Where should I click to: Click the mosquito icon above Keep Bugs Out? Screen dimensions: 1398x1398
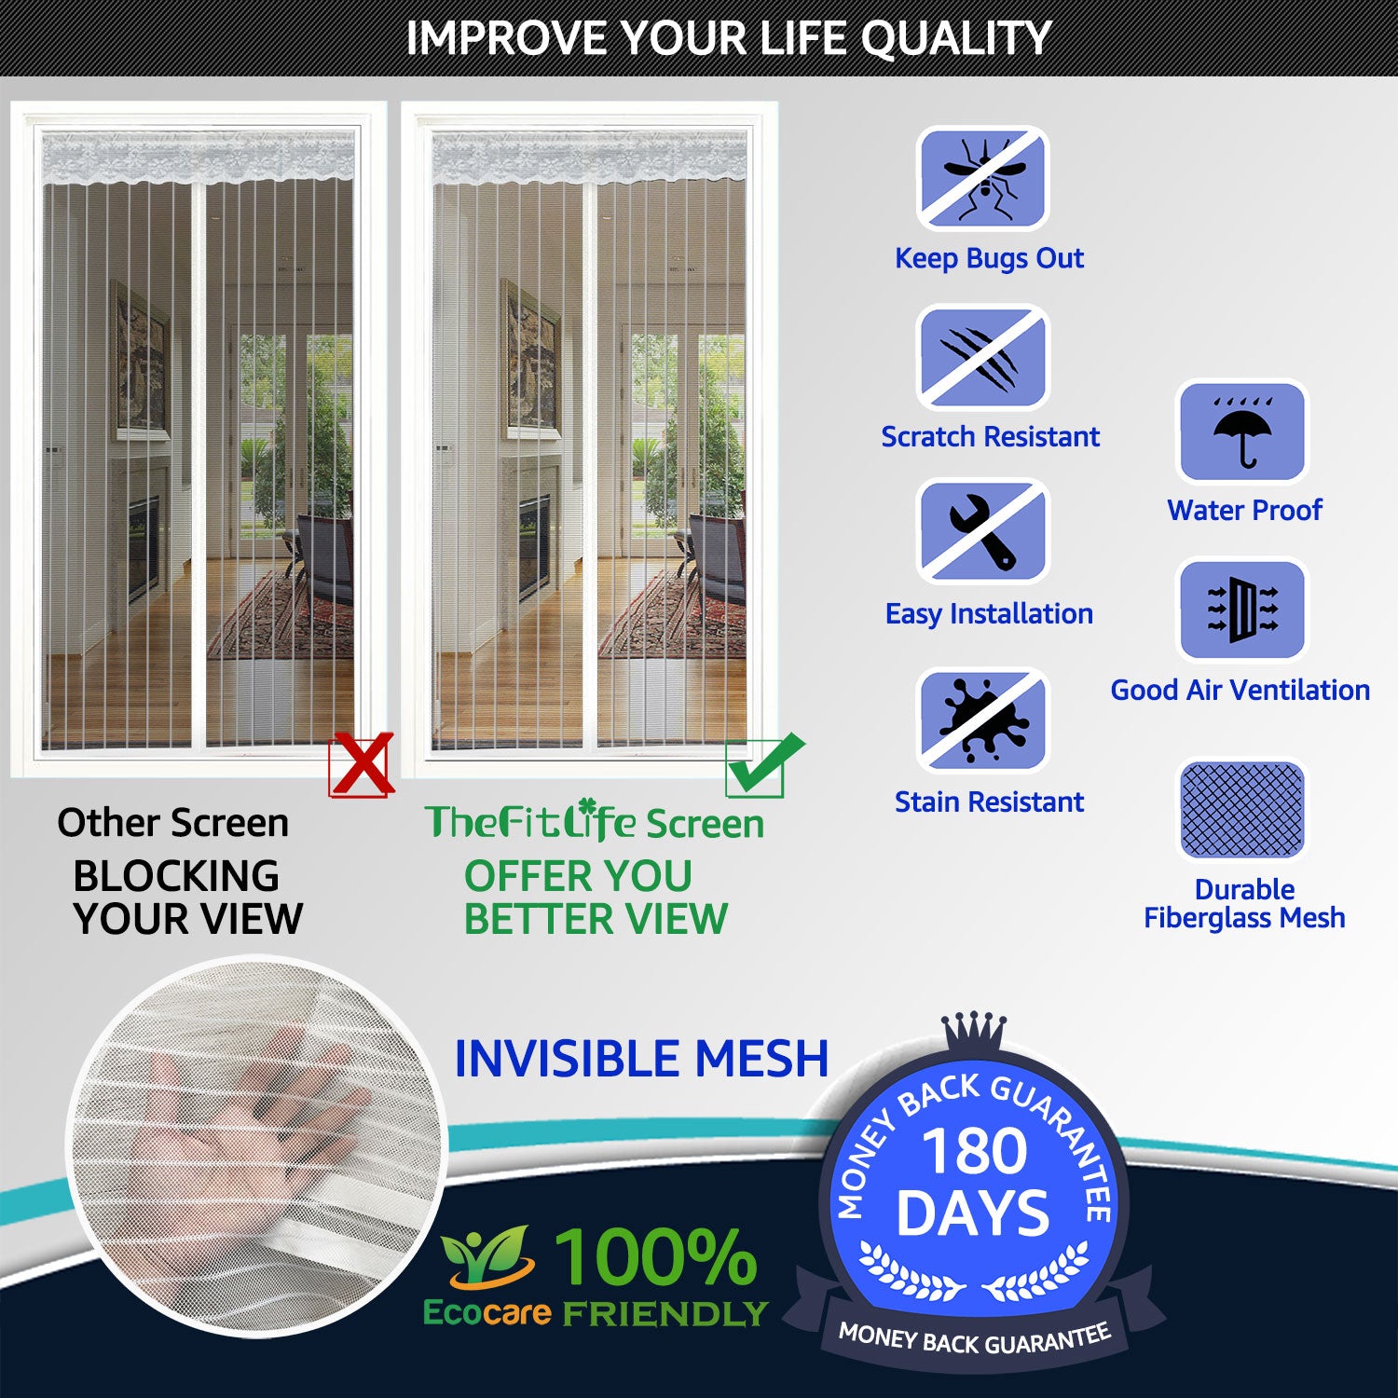click(x=982, y=178)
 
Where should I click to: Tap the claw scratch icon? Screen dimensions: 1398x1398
click(x=982, y=358)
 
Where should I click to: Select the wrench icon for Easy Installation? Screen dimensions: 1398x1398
click(x=982, y=531)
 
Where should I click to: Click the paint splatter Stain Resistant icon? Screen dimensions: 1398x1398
click(x=982, y=720)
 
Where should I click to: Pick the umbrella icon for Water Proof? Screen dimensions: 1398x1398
click(x=1243, y=432)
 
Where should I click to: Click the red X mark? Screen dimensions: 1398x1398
click(x=362, y=765)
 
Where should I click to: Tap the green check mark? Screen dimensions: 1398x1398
click(x=764, y=765)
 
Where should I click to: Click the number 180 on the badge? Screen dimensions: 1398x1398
click(x=974, y=1152)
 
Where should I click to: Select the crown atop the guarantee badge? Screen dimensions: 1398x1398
click(x=973, y=1033)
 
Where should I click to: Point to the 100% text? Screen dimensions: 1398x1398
click(x=656, y=1256)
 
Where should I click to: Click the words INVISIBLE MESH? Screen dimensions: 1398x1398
click(x=641, y=1059)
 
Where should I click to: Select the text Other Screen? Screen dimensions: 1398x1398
click(x=173, y=823)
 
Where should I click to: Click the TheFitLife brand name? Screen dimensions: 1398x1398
click(x=531, y=821)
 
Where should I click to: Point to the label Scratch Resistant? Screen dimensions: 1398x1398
click(x=990, y=436)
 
